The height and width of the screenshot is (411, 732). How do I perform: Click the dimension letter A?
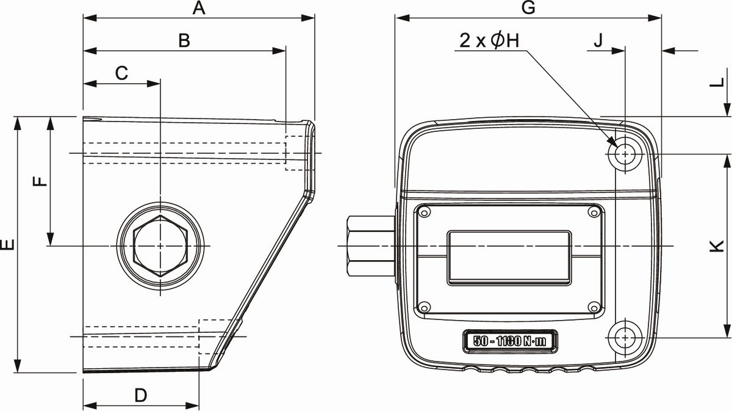click(199, 8)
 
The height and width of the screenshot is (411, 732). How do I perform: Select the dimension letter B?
click(184, 41)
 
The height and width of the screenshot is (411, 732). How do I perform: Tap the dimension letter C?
click(121, 73)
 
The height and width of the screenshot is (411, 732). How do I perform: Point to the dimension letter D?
click(141, 395)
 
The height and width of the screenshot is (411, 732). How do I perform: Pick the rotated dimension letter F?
click(40, 181)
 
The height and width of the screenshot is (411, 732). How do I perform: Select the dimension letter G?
click(528, 8)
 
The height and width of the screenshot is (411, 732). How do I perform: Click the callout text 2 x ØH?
click(489, 41)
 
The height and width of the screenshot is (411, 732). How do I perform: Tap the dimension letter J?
click(598, 41)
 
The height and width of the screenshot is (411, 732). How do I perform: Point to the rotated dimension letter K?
click(717, 246)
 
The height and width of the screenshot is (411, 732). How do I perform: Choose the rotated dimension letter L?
click(717, 83)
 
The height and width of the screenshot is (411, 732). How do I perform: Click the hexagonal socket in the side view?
click(160, 246)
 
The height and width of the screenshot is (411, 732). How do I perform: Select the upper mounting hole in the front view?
click(625, 154)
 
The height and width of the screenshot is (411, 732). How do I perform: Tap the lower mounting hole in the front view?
click(625, 338)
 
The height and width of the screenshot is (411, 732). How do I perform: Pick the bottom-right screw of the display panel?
click(594, 307)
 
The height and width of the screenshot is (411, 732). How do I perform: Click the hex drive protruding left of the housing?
click(371, 246)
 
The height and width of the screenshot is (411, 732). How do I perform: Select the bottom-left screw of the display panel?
click(424, 307)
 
